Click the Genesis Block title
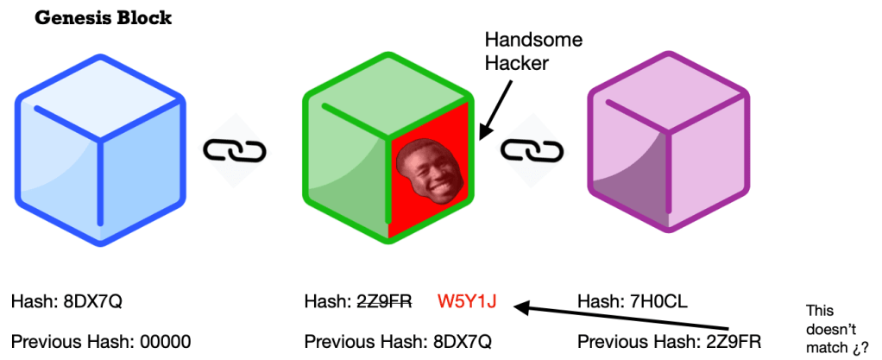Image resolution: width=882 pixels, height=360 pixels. click(x=103, y=18)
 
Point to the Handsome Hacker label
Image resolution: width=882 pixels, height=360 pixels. click(x=522, y=51)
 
